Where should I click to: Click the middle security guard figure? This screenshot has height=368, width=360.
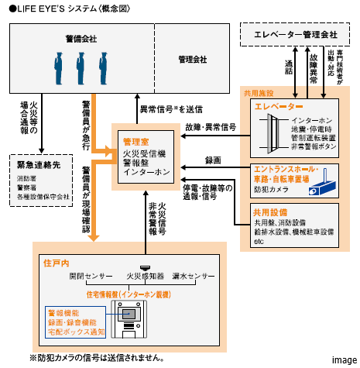79,63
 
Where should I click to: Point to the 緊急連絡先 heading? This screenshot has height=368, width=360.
39,165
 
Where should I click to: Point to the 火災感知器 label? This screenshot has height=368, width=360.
143,276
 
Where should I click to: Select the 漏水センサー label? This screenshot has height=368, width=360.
193,276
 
